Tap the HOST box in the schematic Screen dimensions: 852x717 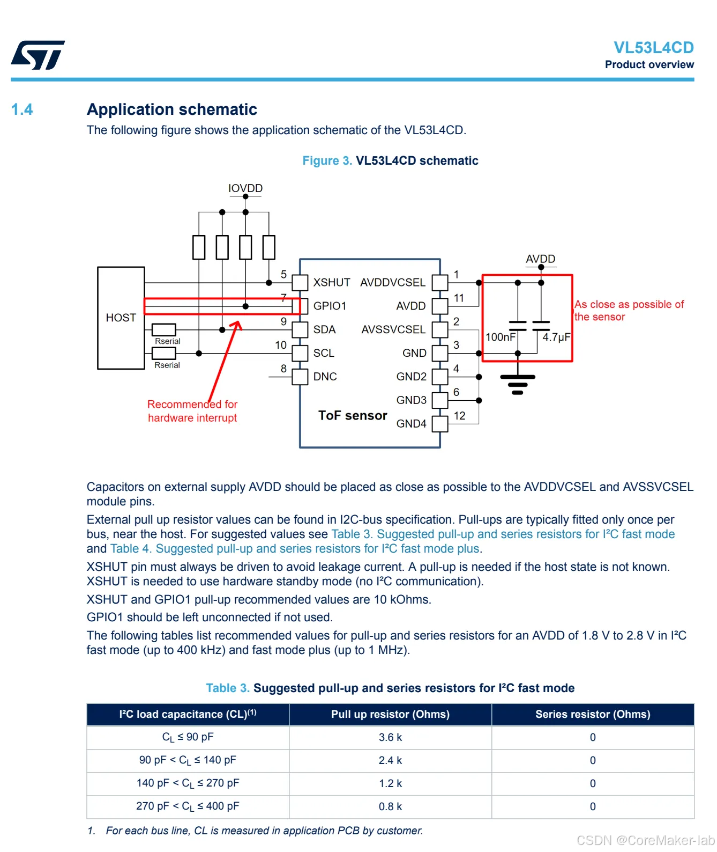[x=121, y=318]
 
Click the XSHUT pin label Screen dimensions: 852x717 [x=331, y=282]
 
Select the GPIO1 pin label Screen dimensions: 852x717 [x=330, y=306]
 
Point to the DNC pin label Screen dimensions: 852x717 [x=325, y=377]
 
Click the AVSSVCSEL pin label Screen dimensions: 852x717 [x=393, y=329]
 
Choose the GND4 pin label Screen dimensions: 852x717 [x=411, y=424]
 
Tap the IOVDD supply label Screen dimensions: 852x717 [x=245, y=188]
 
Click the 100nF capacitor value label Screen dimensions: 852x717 [x=501, y=337]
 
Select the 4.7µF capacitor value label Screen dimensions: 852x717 [x=556, y=337]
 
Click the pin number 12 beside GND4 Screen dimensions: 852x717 [x=459, y=416]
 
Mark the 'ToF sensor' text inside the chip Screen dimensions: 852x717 [x=353, y=415]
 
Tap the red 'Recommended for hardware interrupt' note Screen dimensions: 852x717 [x=192, y=411]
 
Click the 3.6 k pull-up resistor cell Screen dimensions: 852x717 [x=390, y=737]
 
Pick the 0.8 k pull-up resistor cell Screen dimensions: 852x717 [x=390, y=806]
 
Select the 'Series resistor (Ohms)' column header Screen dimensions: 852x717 [x=593, y=714]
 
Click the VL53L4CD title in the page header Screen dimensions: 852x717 [x=653, y=48]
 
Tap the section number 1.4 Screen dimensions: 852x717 [x=22, y=109]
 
